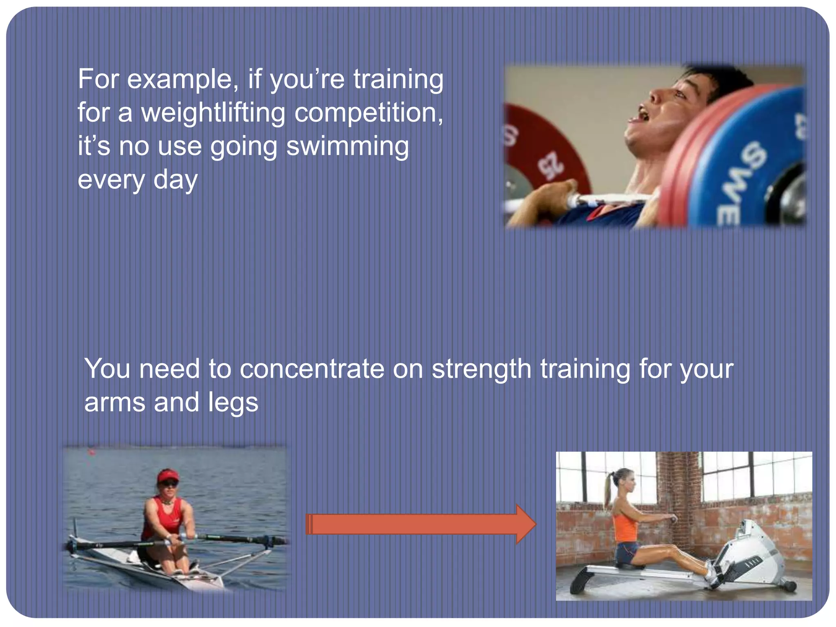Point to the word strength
point(482,369)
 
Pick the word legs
point(233,403)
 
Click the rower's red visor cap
point(168,476)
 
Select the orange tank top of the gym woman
point(625,527)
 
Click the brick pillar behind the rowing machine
point(678,490)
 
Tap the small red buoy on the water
point(92,452)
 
